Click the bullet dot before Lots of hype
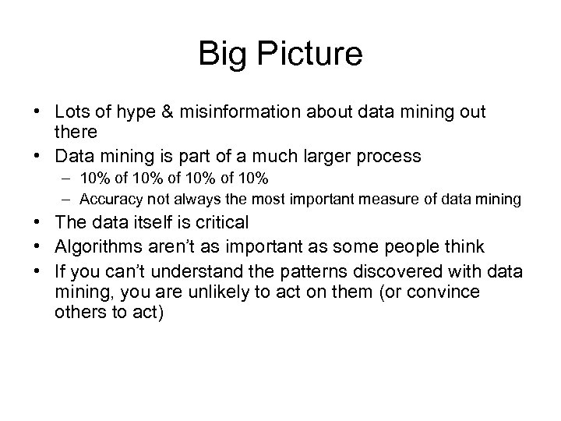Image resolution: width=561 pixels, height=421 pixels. point(41,113)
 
